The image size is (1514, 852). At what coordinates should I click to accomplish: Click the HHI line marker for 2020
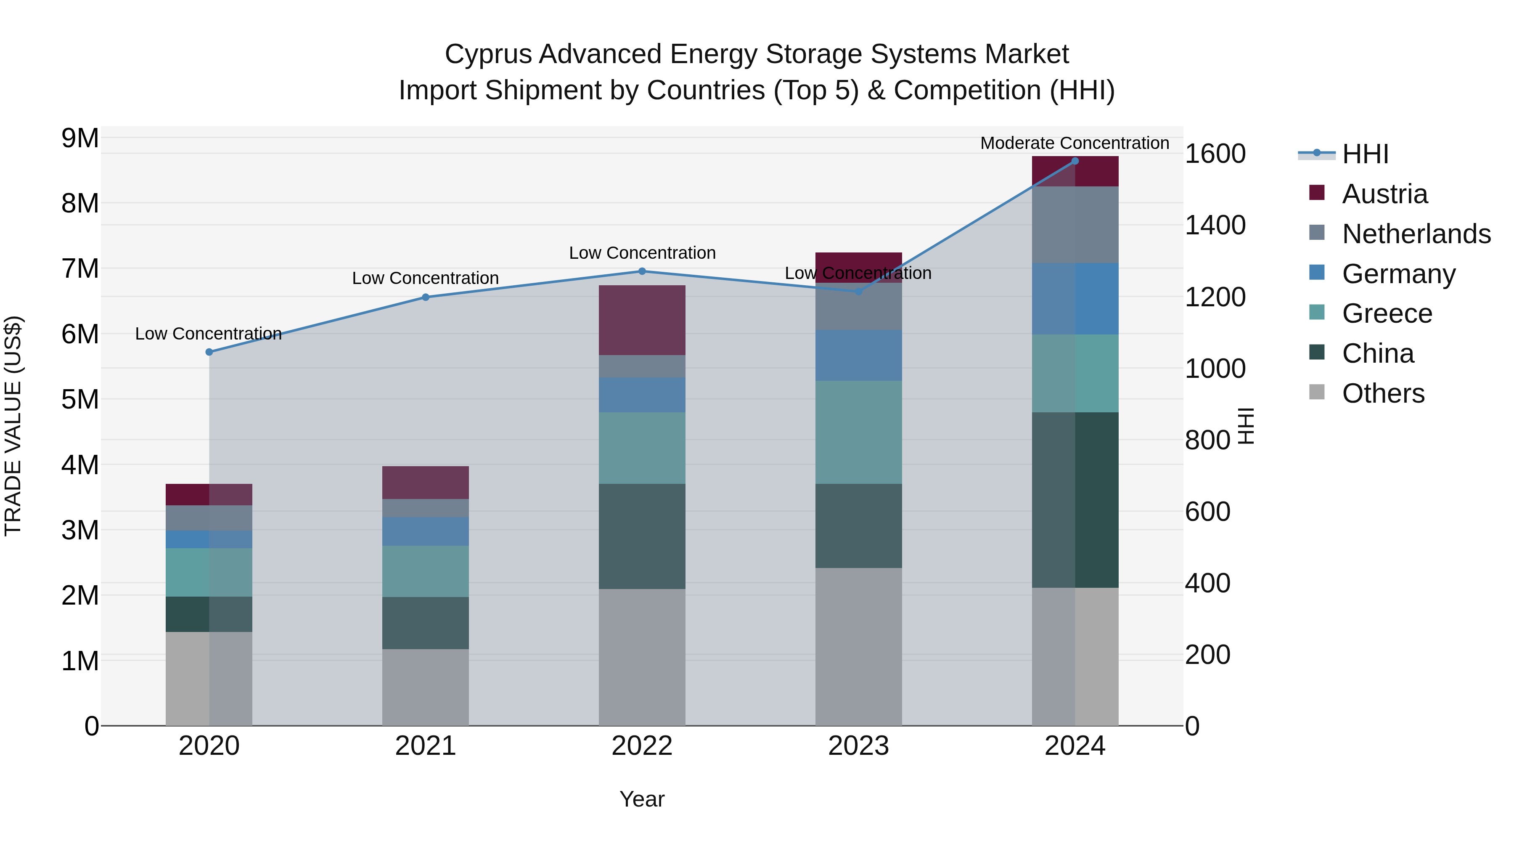pos(209,352)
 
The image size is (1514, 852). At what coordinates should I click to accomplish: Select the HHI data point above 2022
pos(642,271)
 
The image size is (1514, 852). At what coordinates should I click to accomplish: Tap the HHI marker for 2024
pos(1075,161)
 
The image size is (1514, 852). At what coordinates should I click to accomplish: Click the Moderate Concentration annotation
pos(1075,143)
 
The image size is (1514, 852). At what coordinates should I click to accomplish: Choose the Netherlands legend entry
pos(1416,234)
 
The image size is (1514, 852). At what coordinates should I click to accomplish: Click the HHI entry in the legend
pos(1365,154)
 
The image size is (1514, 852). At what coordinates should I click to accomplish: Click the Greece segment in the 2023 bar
pos(858,432)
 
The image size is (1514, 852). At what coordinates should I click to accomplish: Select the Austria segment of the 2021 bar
pos(426,482)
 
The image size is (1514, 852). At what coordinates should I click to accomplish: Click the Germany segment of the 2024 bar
pos(1075,299)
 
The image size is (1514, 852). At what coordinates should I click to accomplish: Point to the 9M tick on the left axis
pos(80,139)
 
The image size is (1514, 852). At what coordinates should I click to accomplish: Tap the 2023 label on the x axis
pos(858,746)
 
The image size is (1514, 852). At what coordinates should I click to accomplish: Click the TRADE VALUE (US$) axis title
pos(13,426)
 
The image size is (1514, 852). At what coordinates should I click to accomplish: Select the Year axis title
pos(642,799)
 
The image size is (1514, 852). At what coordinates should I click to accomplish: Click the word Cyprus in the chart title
pos(488,54)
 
